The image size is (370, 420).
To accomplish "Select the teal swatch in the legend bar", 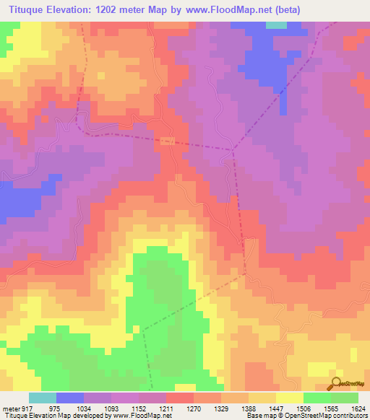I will (43, 398).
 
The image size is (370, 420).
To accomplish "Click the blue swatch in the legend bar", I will (70, 398).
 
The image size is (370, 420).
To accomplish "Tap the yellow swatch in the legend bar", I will (290, 398).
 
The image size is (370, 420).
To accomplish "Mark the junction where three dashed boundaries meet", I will (233, 150).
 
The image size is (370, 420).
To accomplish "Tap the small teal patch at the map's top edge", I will (276, 25).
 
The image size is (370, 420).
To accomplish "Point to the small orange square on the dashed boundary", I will (167, 140).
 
